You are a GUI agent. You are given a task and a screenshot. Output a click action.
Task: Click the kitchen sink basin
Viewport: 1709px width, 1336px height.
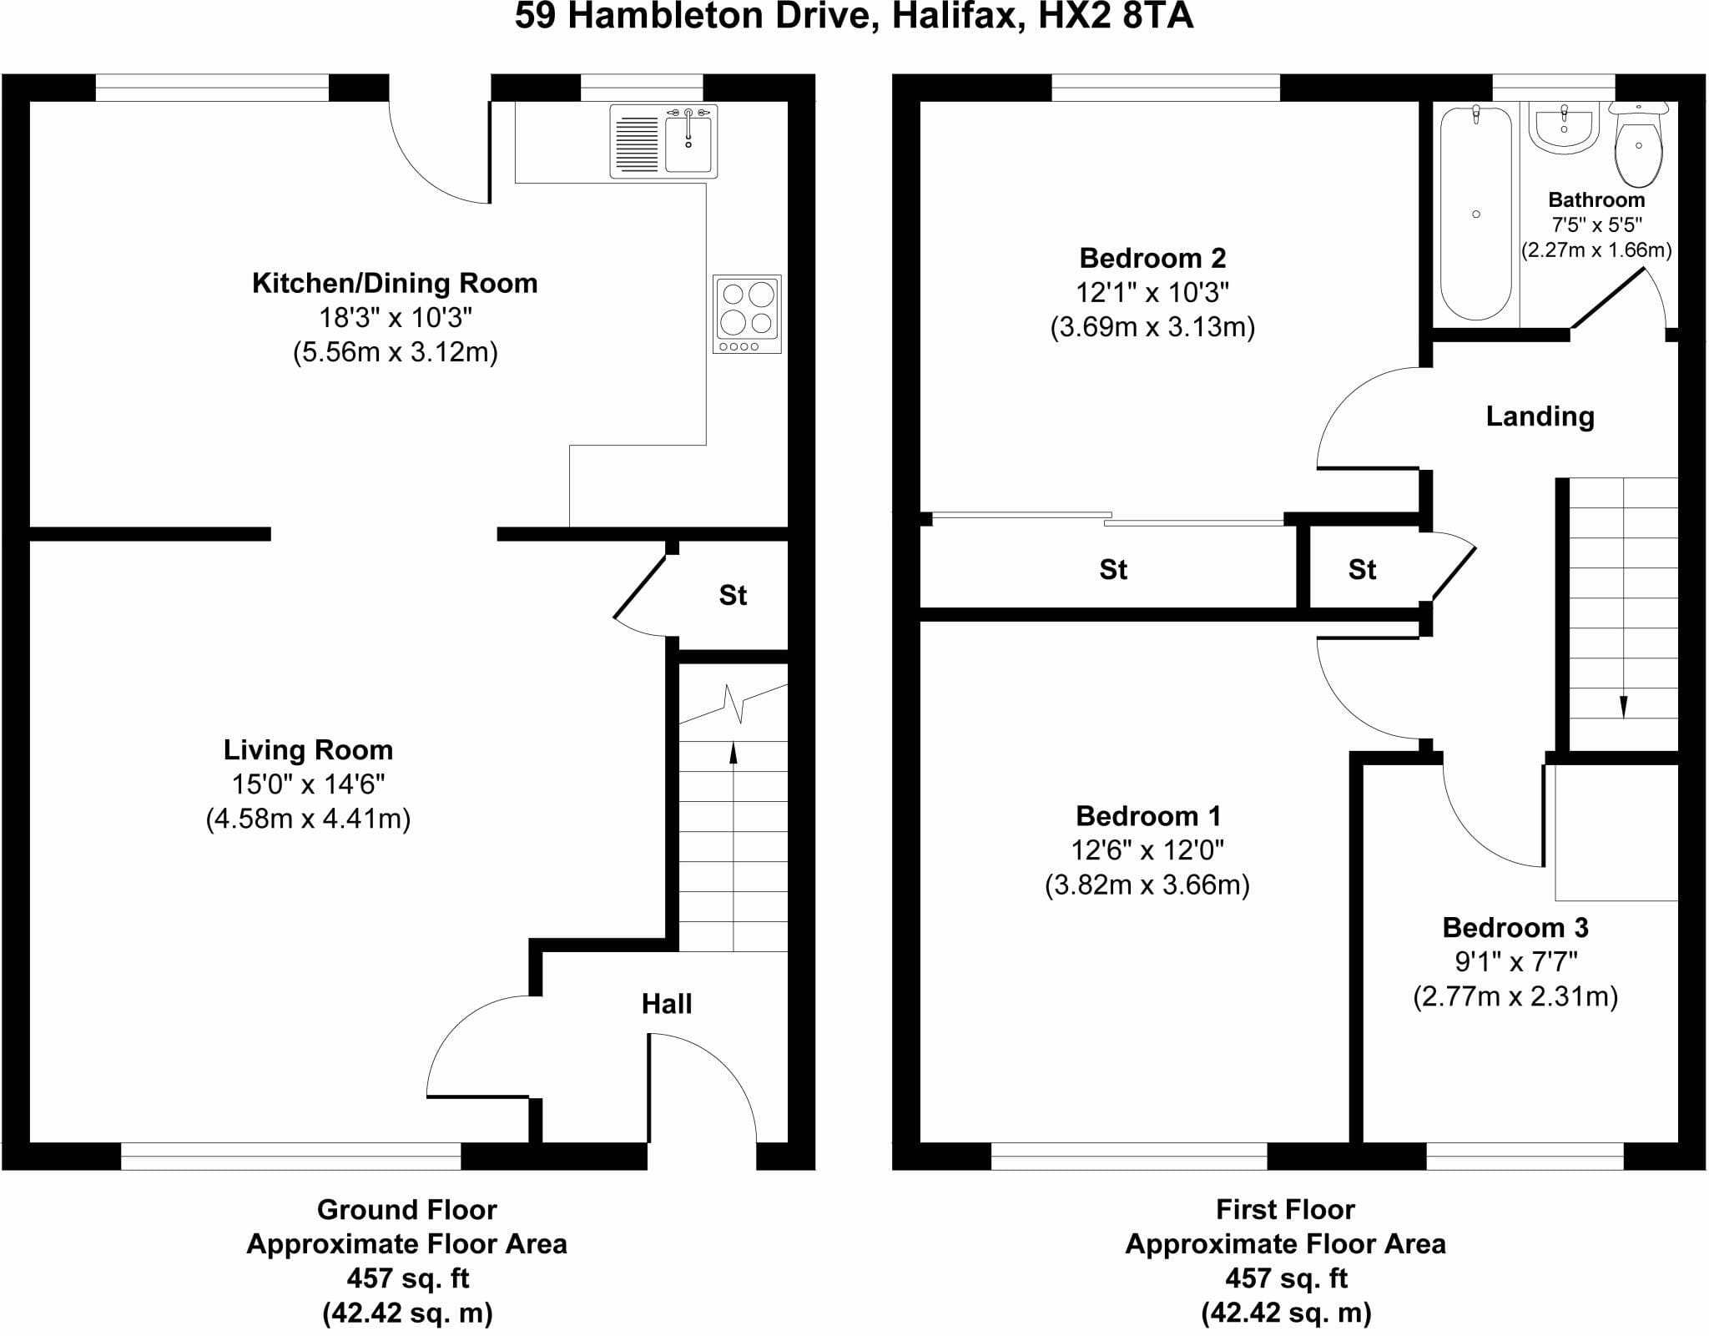pos(688,144)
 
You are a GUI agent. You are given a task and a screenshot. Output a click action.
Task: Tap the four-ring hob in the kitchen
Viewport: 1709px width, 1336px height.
pos(748,314)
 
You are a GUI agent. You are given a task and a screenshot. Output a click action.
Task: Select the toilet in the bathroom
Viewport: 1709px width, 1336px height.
pos(1639,144)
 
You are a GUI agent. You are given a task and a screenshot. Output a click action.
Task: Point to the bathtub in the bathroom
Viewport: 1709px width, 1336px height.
pos(1476,214)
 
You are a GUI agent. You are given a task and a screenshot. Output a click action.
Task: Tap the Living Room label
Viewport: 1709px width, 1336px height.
pos(308,749)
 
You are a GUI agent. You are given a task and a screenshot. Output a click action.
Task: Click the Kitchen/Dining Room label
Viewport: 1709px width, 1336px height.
pos(395,283)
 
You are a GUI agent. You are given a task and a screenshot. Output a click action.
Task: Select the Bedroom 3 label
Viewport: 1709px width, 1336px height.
pos(1515,927)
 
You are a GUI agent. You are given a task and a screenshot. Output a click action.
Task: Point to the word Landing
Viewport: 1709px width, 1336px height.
pos(1540,416)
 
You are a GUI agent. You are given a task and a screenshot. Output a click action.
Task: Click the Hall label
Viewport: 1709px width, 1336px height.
pos(667,1003)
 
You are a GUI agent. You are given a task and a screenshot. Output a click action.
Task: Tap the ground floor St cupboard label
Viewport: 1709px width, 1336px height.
pos(733,595)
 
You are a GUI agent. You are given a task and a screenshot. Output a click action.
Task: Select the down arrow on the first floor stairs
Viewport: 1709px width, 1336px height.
pos(1623,597)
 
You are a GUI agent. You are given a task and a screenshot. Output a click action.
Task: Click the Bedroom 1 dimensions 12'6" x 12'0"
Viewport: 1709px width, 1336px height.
pos(1147,849)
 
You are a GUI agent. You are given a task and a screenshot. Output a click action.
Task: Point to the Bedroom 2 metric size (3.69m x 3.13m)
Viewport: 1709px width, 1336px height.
pos(1152,326)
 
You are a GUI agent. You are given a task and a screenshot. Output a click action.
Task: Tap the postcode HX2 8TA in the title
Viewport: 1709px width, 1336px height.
pos(1116,17)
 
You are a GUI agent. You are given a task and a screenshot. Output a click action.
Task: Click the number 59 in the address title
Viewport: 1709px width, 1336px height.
pos(535,17)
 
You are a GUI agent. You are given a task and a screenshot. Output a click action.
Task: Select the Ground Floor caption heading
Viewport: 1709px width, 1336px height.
pos(407,1209)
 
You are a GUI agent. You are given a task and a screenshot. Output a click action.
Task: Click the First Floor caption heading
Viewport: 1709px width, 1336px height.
pos(1285,1209)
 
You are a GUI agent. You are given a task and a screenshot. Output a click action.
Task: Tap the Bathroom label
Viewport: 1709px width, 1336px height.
pos(1596,199)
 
